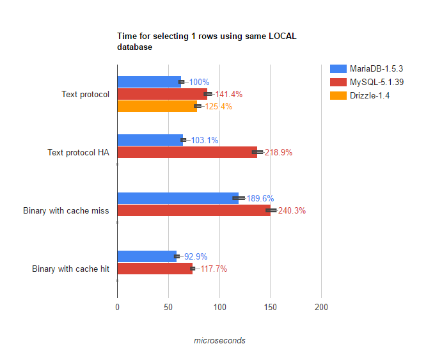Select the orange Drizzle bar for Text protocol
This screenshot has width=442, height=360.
tap(157, 106)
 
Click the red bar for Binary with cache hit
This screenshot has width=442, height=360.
tap(154, 269)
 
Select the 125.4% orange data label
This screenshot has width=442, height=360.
tap(219, 106)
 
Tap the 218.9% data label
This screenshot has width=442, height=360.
tap(278, 152)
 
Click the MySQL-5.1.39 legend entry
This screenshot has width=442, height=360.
tap(376, 82)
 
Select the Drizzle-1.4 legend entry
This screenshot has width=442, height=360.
tap(370, 95)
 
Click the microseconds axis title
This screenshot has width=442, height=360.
tap(219, 340)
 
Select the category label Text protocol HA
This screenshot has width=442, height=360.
tap(78, 152)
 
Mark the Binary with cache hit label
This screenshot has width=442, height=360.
tap(70, 269)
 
